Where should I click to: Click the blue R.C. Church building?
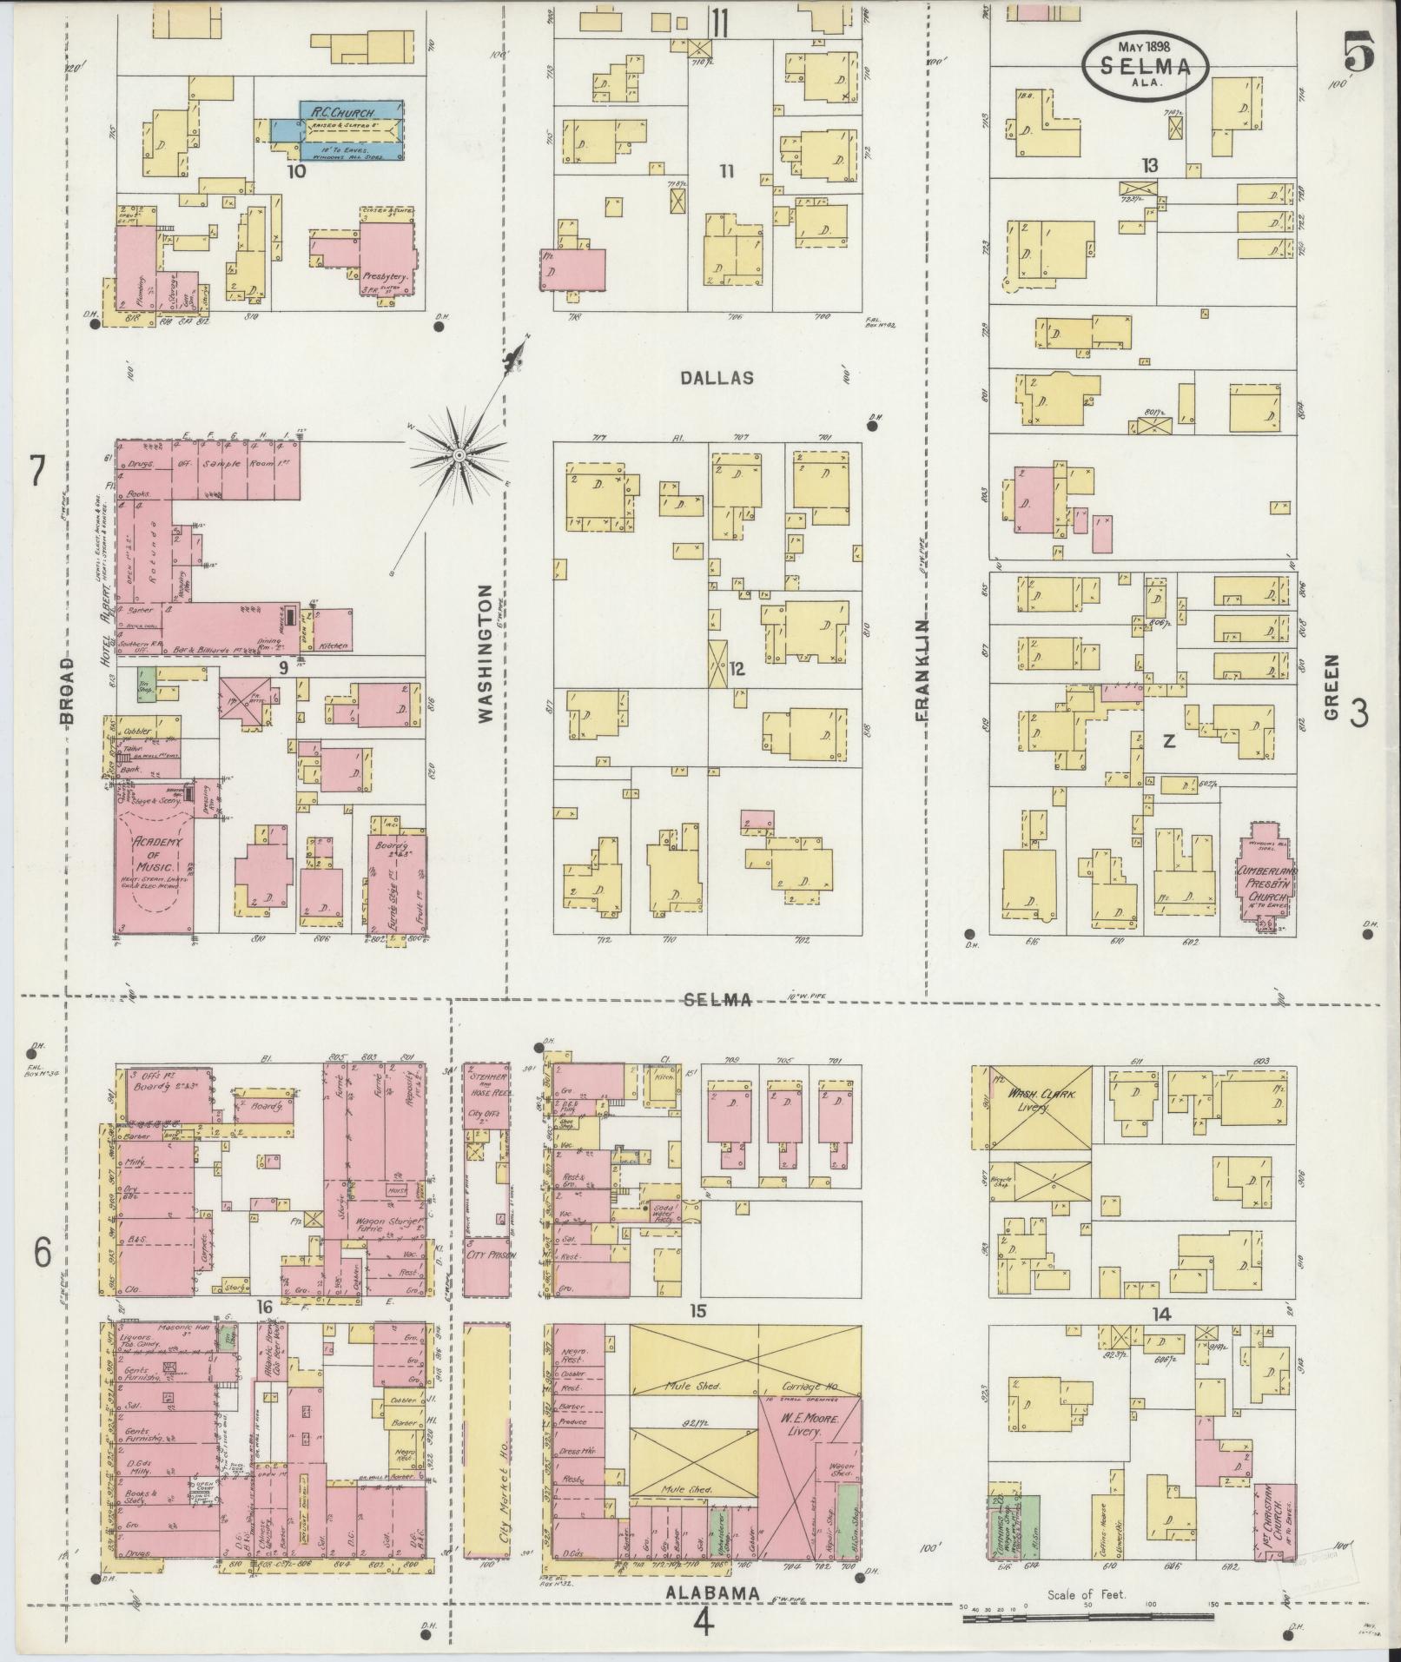point(352,129)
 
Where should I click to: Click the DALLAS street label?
point(717,379)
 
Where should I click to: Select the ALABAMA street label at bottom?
point(712,1592)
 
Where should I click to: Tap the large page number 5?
point(1358,53)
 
